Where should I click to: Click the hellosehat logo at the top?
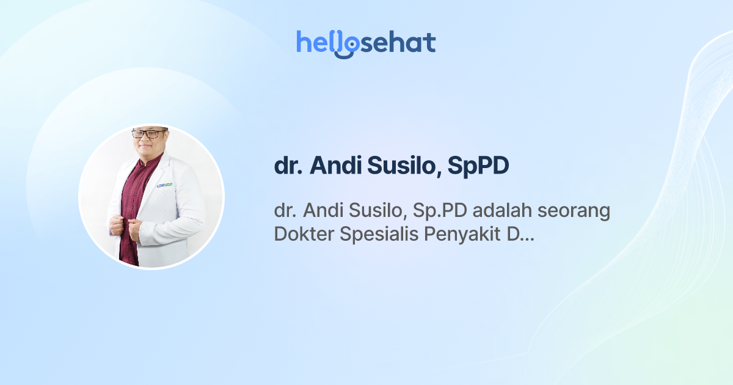[x=366, y=43]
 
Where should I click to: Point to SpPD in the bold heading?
[x=478, y=167]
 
